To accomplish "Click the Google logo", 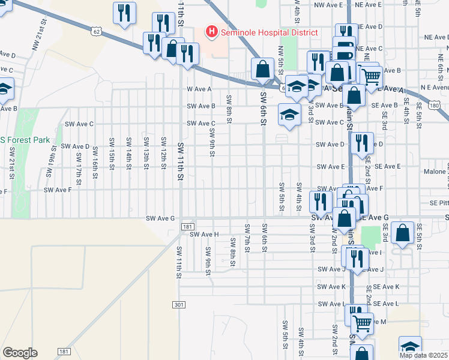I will (x=20, y=353).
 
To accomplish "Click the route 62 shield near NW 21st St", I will (x=97, y=30).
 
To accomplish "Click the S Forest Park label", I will (x=26, y=140).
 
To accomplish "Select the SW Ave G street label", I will (x=160, y=218).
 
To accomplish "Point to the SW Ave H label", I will (x=204, y=234).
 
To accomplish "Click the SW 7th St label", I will (x=247, y=238).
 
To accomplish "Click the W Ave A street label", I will (x=200, y=89).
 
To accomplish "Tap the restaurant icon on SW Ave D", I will (x=361, y=143).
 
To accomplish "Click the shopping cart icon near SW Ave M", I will (x=362, y=323).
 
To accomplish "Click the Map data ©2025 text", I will (x=424, y=355).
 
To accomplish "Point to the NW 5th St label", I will (x=280, y=57).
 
